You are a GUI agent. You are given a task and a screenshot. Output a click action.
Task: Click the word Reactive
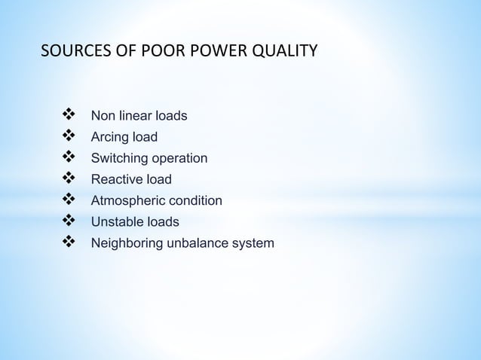click(116, 179)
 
